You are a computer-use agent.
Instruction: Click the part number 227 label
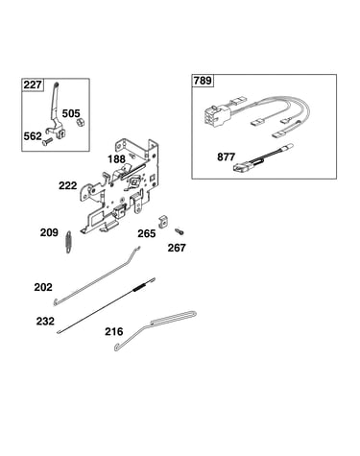click(33, 84)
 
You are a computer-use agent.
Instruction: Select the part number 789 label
click(203, 81)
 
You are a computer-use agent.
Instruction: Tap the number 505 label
click(71, 113)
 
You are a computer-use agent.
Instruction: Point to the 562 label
click(33, 136)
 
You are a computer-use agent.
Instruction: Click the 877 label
click(226, 156)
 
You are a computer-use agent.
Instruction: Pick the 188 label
click(116, 158)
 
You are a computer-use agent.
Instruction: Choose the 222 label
click(68, 185)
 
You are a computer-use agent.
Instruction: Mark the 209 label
click(49, 232)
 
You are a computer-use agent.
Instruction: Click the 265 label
click(147, 233)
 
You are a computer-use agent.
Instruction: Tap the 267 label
click(177, 248)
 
